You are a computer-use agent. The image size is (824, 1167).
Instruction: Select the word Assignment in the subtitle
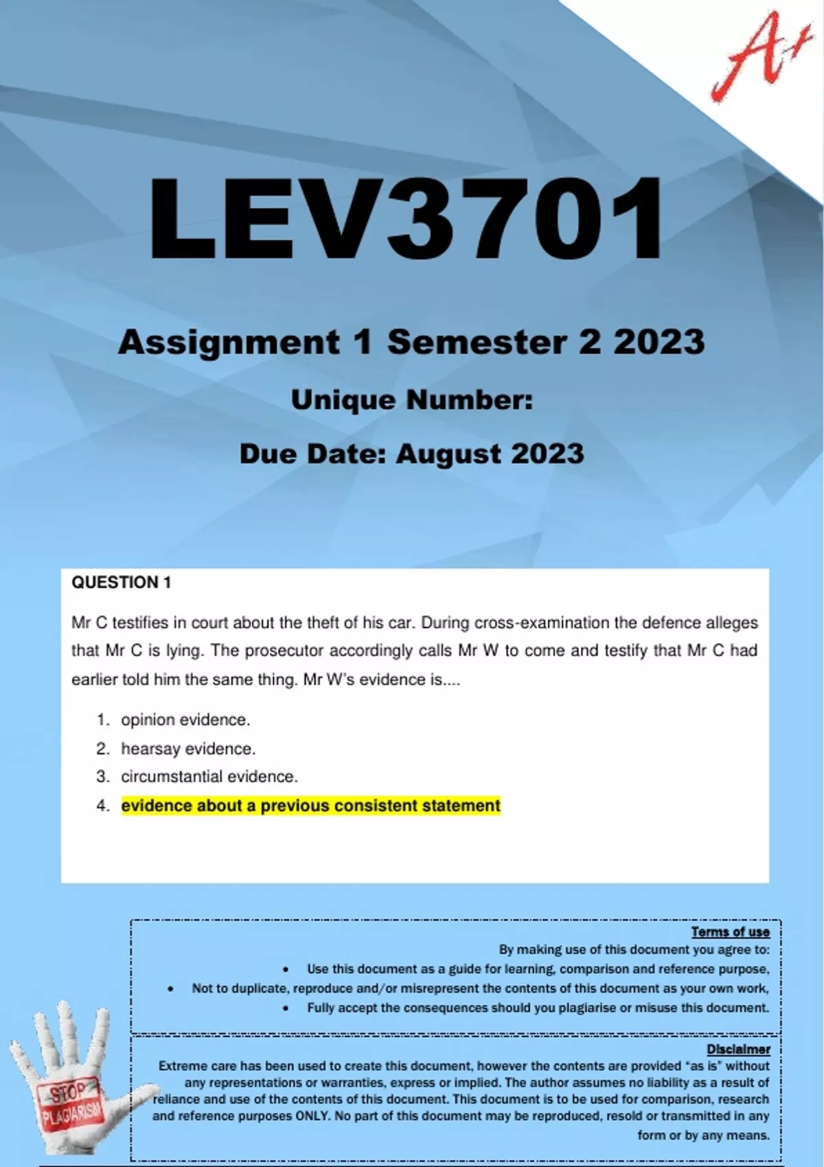point(229,342)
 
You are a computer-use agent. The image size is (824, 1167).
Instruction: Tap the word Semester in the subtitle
point(477,342)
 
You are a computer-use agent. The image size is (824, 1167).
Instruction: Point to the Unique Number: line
point(412,400)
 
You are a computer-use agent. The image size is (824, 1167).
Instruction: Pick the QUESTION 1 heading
point(122,583)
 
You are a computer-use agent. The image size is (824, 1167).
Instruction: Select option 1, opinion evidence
point(185,720)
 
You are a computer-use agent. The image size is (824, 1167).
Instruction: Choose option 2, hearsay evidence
point(188,749)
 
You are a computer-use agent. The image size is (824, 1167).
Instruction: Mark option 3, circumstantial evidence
point(209,777)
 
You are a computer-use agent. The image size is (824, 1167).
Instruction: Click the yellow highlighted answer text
point(311,806)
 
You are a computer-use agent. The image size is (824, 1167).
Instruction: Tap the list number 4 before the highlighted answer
point(103,806)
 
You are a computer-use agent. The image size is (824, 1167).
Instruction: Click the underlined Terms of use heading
point(730,932)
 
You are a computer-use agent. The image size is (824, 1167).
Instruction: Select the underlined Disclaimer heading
point(738,1050)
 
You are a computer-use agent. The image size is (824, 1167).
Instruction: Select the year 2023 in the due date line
point(547,454)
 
